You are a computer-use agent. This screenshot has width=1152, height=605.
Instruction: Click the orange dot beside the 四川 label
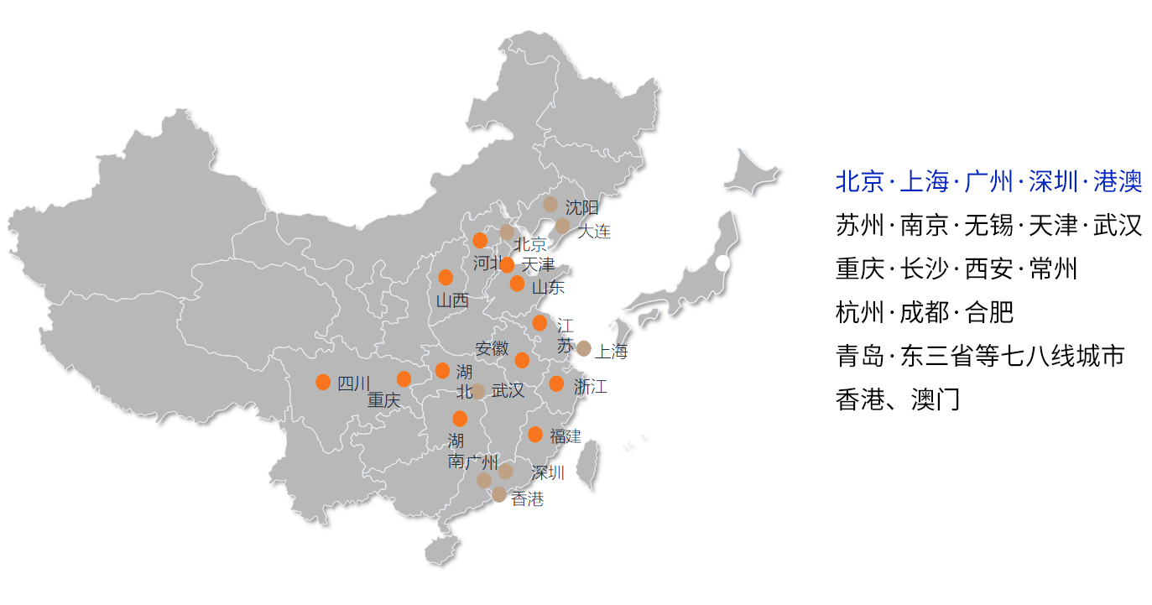coord(323,383)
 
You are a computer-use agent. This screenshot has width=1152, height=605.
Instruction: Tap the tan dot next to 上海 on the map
coord(584,348)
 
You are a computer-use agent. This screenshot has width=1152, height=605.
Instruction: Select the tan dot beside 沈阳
coord(550,204)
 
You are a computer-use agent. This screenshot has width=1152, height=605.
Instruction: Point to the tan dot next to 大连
coord(562,226)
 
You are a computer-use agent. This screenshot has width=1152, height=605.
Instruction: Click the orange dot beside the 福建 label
coord(535,435)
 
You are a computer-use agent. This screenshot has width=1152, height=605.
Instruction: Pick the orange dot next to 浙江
coord(556,383)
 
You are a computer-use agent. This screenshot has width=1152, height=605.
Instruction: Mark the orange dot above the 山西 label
coord(446,277)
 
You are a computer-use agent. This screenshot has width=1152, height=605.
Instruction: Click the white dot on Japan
coord(722,263)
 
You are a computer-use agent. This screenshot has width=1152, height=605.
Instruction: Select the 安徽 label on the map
coord(492,348)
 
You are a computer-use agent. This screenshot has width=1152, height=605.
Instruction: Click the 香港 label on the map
coord(528,499)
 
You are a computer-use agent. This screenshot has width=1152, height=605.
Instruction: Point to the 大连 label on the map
coord(594,232)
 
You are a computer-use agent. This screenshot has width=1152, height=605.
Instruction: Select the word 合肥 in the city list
coord(989,313)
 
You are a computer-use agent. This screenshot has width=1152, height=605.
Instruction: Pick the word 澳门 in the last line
coord(935,399)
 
